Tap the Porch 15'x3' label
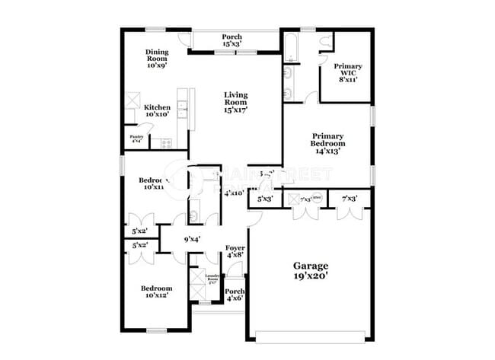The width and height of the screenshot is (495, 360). (232, 40)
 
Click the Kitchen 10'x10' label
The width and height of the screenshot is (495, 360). (157, 112)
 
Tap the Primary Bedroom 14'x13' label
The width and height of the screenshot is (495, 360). (327, 142)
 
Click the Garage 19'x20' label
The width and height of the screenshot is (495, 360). (311, 271)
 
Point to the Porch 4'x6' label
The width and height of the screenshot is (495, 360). (235, 295)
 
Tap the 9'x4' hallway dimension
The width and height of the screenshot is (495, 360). (191, 241)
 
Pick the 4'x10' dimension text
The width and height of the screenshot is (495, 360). (234, 193)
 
